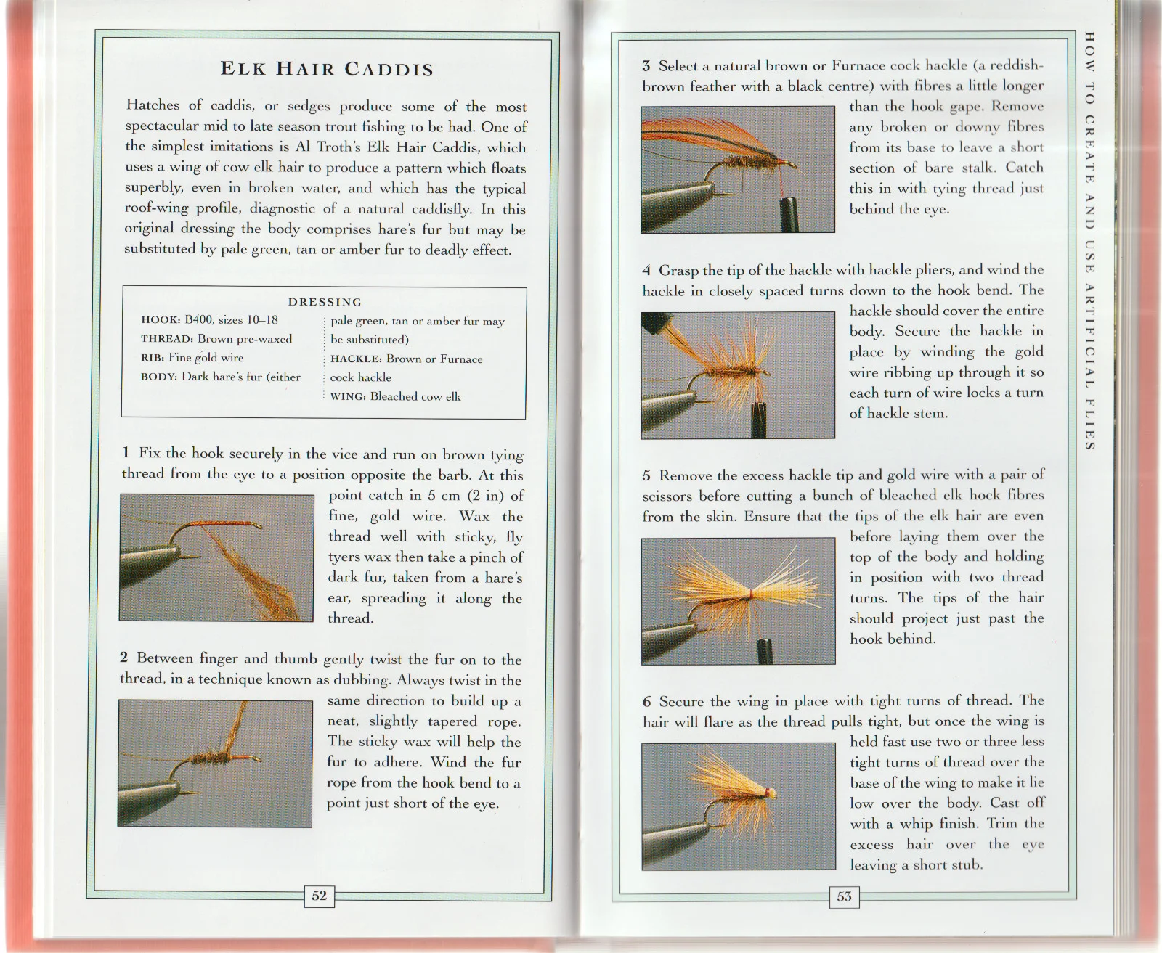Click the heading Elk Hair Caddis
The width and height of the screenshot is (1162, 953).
point(327,70)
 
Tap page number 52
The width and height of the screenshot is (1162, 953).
point(319,896)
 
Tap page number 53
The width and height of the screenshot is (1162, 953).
point(844,896)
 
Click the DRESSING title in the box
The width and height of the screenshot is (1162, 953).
point(325,302)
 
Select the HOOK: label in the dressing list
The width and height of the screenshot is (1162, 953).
point(161,320)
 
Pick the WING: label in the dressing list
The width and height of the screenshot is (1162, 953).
point(349,396)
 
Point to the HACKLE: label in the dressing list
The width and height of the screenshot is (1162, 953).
point(356,359)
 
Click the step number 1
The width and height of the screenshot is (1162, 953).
point(126,453)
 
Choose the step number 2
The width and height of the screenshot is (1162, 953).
point(124,658)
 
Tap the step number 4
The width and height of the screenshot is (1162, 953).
point(646,271)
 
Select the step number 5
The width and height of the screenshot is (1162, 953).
point(646,476)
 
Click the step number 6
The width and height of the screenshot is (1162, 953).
point(646,702)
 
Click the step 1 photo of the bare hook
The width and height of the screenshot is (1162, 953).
point(216,557)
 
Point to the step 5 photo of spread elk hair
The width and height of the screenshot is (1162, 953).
point(738,600)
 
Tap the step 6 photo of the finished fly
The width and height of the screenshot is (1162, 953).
point(738,806)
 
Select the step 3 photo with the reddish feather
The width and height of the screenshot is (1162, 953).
point(738,170)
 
